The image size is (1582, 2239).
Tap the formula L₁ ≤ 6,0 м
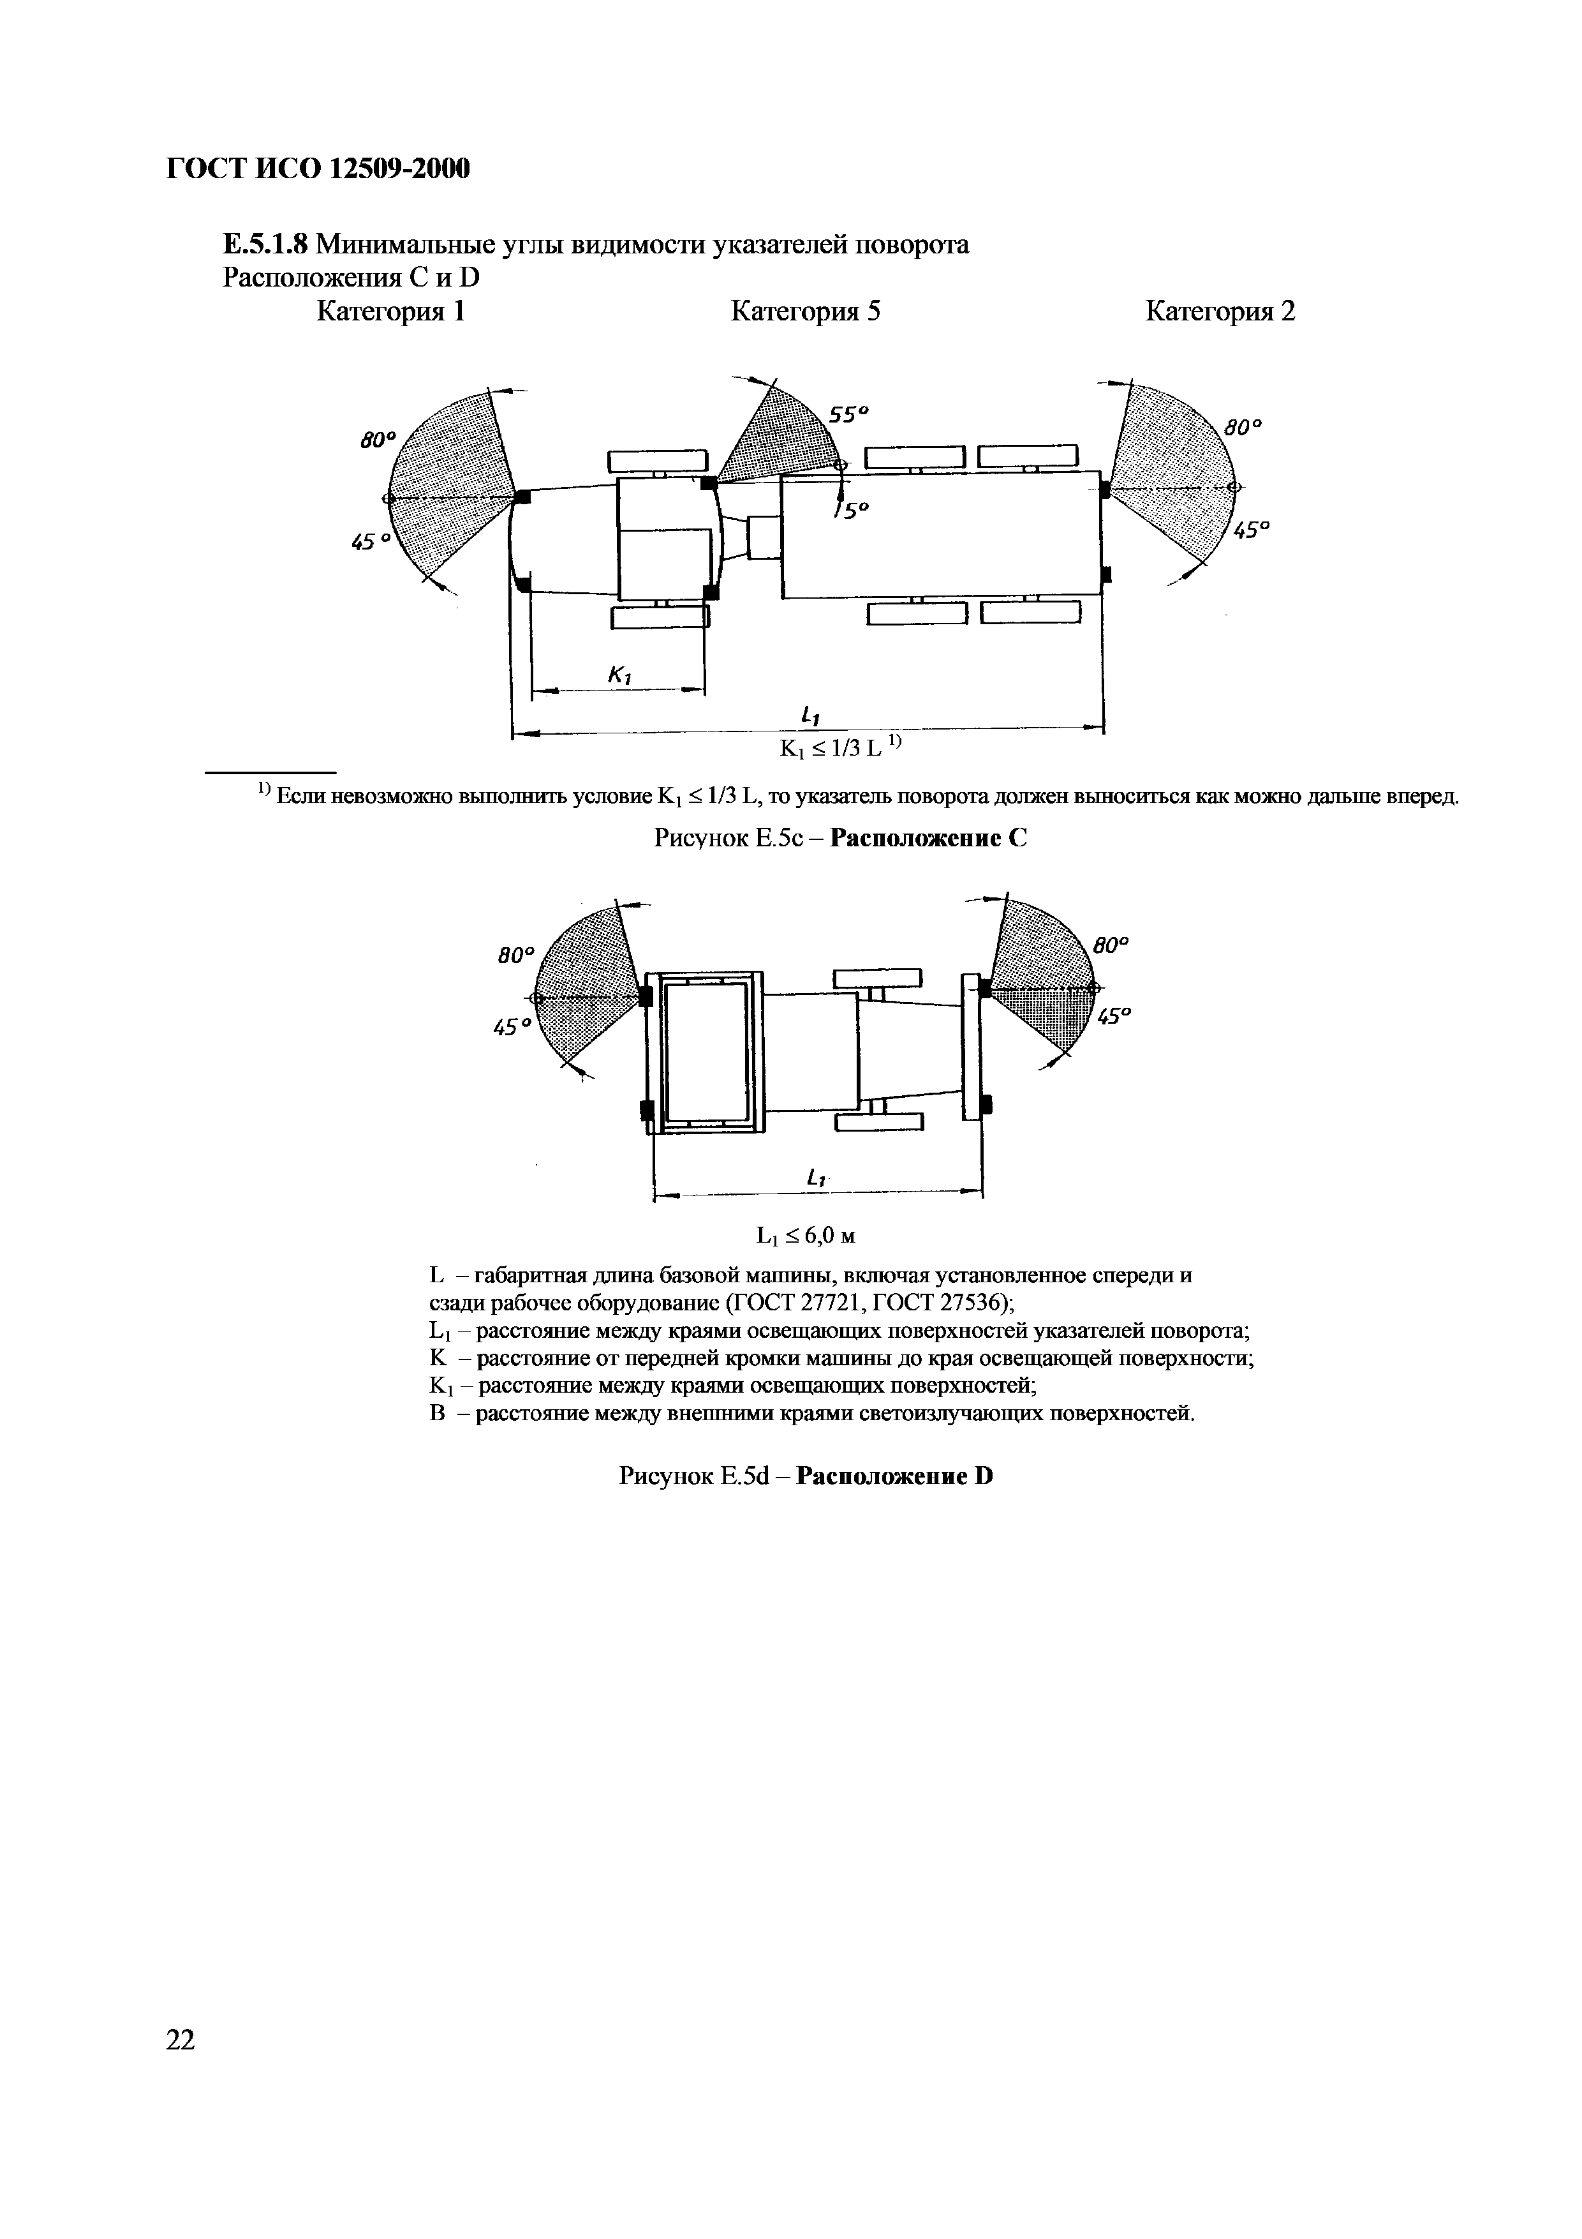coord(806,1236)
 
